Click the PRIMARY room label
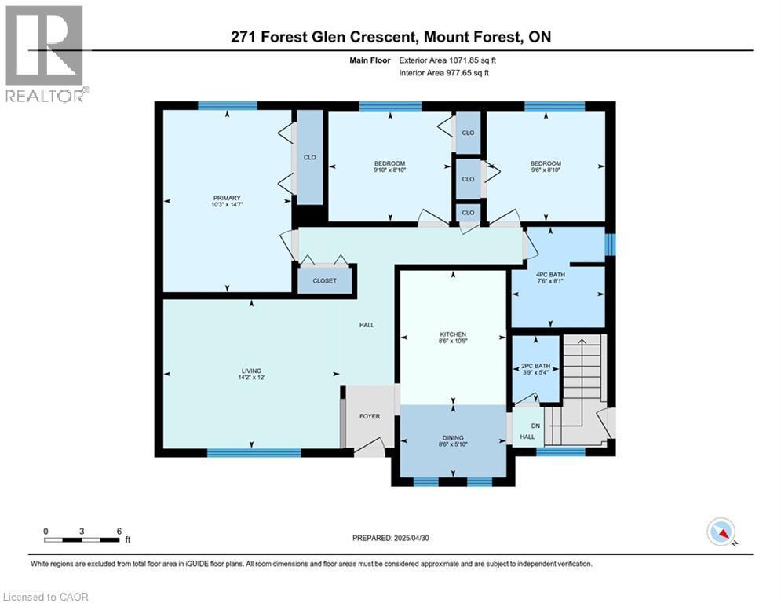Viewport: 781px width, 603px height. (x=225, y=198)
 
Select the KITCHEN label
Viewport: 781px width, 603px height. (x=453, y=334)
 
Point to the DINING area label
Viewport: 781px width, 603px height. (x=453, y=438)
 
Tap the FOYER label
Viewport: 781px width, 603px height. (x=370, y=416)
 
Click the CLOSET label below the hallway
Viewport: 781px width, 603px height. (x=324, y=280)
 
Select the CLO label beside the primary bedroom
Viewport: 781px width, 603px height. (x=309, y=157)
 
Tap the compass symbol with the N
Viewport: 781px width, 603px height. (x=720, y=532)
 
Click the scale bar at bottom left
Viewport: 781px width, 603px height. (x=82, y=539)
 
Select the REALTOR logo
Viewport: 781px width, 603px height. (x=45, y=53)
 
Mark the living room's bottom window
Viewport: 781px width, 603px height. (x=254, y=452)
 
